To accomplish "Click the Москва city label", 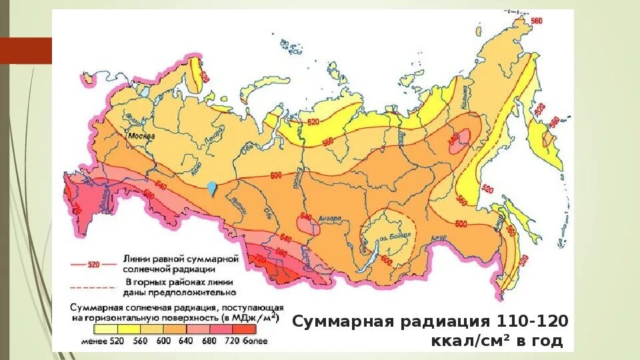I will (x=143, y=135).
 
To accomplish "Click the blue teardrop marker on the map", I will (x=211, y=188).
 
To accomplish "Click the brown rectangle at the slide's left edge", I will (x=25, y=51).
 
